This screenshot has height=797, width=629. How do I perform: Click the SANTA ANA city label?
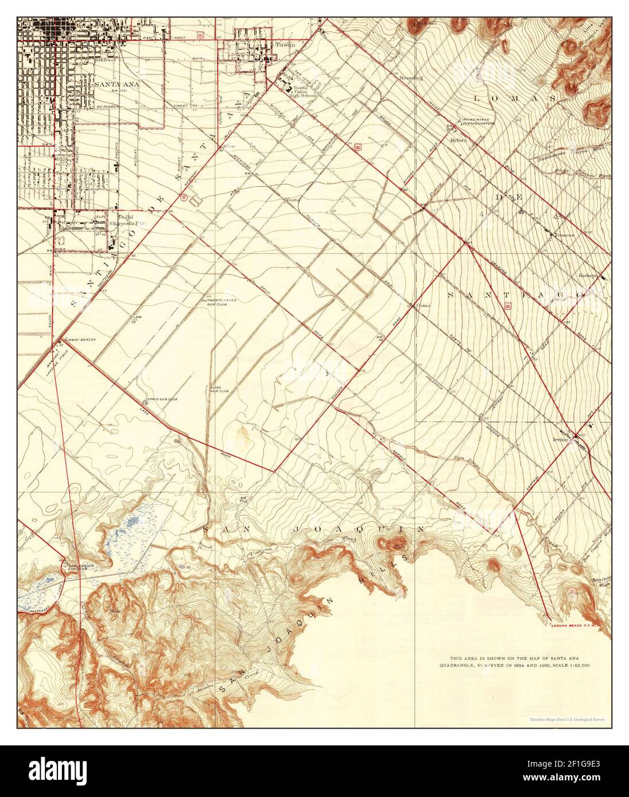(112, 83)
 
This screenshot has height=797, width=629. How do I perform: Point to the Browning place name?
(411, 77)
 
